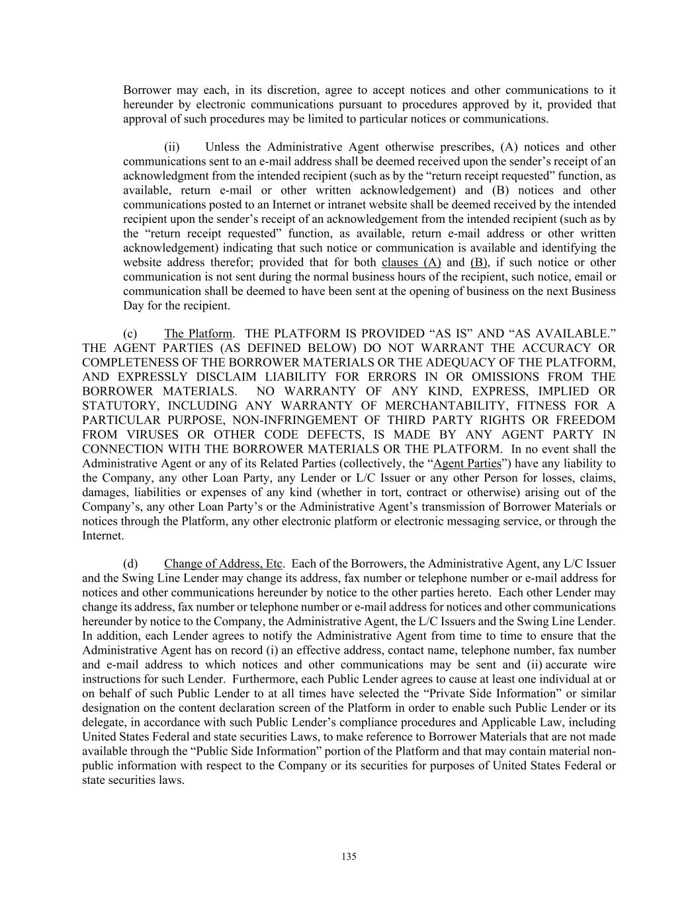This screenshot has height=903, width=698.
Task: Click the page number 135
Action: click(x=349, y=857)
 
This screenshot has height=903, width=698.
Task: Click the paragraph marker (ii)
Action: click(x=172, y=147)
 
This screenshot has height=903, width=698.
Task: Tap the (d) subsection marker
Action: click(x=130, y=564)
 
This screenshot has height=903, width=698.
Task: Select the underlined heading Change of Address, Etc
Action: click(x=224, y=564)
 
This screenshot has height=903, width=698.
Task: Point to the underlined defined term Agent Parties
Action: click(x=466, y=463)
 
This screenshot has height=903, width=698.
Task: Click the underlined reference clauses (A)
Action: click(x=411, y=262)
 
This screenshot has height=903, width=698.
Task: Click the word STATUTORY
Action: click(x=120, y=406)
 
